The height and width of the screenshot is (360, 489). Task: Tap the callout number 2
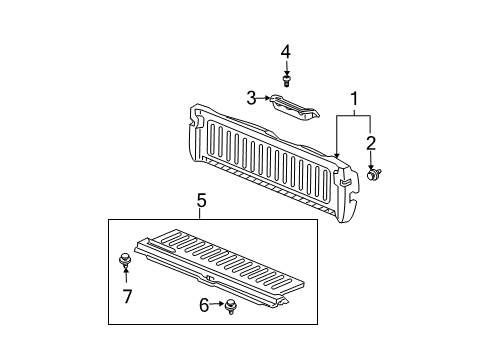371,141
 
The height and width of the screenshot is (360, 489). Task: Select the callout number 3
253,97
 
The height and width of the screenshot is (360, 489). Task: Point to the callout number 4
285,50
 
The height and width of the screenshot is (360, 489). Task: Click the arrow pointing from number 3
265,97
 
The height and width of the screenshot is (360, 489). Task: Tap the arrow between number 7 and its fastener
127,279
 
